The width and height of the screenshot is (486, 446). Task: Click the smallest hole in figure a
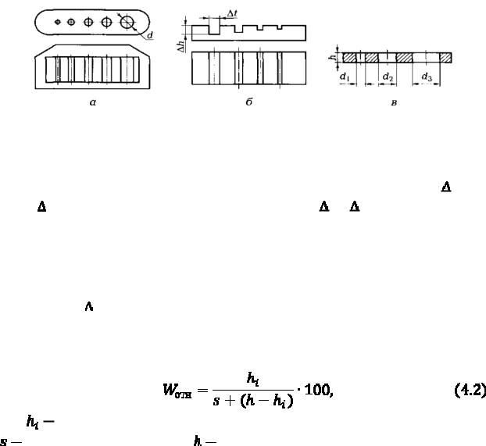(x=57, y=23)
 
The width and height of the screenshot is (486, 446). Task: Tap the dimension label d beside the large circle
(x=149, y=35)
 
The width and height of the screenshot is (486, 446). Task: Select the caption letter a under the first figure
(x=92, y=103)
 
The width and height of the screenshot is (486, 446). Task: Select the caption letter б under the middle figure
(x=248, y=103)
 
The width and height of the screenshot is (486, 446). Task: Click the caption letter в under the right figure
(x=393, y=103)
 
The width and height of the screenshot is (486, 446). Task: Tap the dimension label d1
(x=345, y=77)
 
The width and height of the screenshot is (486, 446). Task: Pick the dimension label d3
(x=427, y=77)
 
